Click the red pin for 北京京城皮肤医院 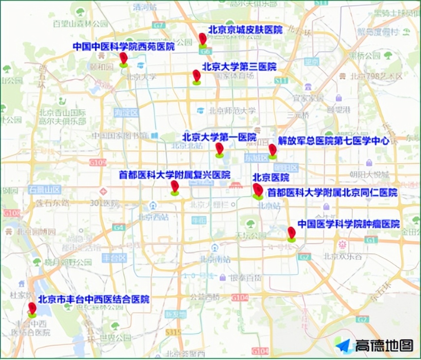(203, 39)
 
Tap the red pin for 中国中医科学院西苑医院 (123, 59)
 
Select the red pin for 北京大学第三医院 (197, 76)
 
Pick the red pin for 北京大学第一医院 (219, 149)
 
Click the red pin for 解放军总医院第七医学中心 (272, 150)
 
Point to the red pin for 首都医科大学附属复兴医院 (175, 187)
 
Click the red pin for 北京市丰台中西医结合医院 (32, 309)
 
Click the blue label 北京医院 (271, 178)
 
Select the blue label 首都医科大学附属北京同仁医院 (332, 193)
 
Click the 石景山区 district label (44, 189)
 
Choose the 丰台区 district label (115, 258)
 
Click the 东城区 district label (256, 157)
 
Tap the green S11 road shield (281, 80)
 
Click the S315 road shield (173, 333)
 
